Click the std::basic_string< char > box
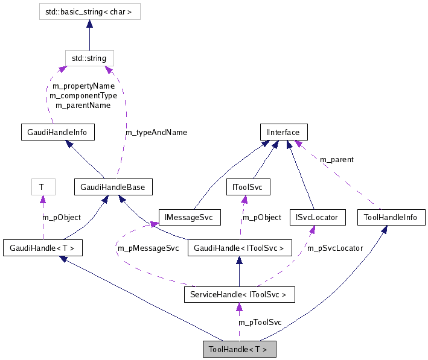(x=89, y=11)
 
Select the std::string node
(x=89, y=58)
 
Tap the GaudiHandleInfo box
(x=57, y=132)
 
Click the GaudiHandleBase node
(x=113, y=187)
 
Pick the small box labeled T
(x=42, y=187)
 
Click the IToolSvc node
(x=248, y=188)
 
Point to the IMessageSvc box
(x=190, y=217)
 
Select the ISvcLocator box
(x=318, y=217)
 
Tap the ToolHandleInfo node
(x=391, y=217)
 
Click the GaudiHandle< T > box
(x=42, y=247)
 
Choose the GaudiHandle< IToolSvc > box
(x=240, y=247)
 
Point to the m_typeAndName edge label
(x=156, y=132)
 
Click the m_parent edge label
(x=337, y=160)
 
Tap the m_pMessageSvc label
(x=148, y=248)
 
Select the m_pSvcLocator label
(x=335, y=248)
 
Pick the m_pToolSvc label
(x=260, y=323)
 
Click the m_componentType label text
(x=83, y=95)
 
